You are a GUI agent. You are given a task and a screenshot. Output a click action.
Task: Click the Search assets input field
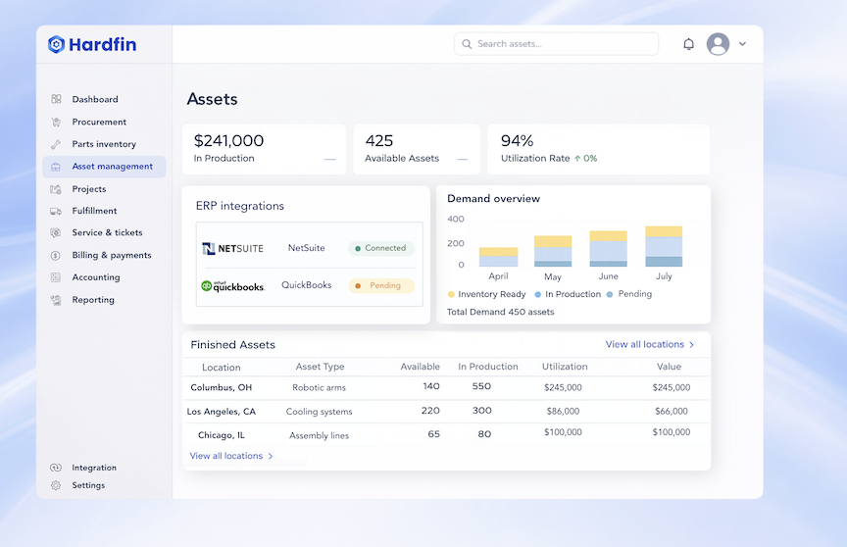(x=556, y=44)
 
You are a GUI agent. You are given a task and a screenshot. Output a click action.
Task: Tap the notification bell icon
(x=688, y=44)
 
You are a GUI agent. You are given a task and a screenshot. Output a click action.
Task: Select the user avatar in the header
(x=718, y=44)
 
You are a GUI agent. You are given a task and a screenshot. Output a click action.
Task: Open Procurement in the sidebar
(x=98, y=123)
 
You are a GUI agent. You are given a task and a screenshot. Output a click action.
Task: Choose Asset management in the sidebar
(x=112, y=167)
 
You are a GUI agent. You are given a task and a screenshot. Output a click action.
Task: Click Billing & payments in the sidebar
(x=111, y=256)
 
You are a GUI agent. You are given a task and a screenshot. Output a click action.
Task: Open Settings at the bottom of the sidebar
(x=87, y=486)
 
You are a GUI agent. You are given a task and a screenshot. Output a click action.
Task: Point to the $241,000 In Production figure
(x=228, y=141)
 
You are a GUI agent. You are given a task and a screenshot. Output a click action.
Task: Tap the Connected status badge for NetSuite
(x=380, y=249)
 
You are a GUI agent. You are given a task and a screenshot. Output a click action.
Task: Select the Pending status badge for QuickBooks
(x=380, y=286)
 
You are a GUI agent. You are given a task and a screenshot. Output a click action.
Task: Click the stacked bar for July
(x=663, y=247)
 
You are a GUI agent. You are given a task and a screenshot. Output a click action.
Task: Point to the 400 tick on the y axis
(x=456, y=220)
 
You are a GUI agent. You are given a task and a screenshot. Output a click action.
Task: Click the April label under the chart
(x=498, y=277)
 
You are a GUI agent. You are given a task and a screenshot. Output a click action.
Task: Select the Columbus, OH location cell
(x=221, y=388)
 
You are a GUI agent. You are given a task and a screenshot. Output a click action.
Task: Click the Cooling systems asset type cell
(x=319, y=413)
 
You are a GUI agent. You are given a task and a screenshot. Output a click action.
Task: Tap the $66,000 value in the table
(x=671, y=412)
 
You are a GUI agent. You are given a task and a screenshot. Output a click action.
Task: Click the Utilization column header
(x=565, y=368)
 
